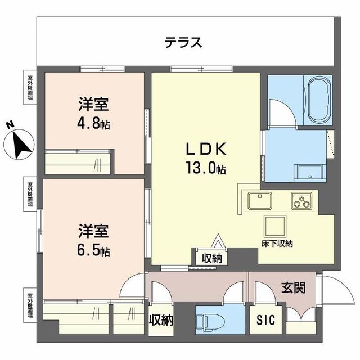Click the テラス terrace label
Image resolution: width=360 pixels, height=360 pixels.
[x=183, y=42]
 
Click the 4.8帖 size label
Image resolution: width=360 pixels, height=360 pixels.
[x=94, y=123]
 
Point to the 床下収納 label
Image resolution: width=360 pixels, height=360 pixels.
[x=276, y=244]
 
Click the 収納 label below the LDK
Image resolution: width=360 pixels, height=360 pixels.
[x=211, y=258]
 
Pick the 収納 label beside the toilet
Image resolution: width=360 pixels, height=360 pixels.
[x=161, y=320]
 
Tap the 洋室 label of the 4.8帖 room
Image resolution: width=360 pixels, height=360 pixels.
[x=94, y=105]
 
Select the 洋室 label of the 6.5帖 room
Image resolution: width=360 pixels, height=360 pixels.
[x=94, y=231]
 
